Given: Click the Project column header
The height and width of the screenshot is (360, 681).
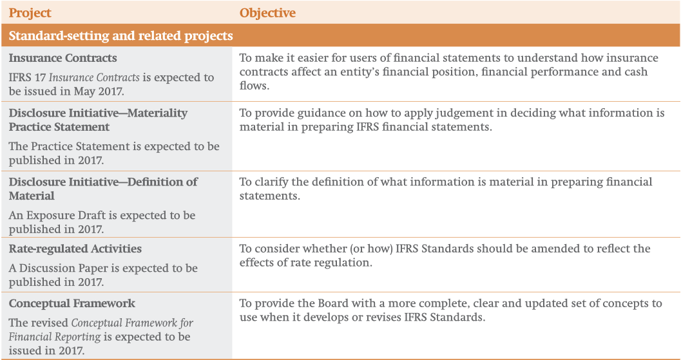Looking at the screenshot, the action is point(30,14).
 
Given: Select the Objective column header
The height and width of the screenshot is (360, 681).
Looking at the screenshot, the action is point(267,13).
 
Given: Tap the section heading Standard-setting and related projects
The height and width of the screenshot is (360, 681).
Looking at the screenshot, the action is point(121,35).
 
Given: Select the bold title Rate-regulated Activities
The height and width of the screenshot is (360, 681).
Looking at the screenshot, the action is point(75,249).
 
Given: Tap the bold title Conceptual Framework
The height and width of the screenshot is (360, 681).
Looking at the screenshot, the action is point(72,303).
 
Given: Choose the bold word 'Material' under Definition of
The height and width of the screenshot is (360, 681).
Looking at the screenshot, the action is point(32,195).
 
